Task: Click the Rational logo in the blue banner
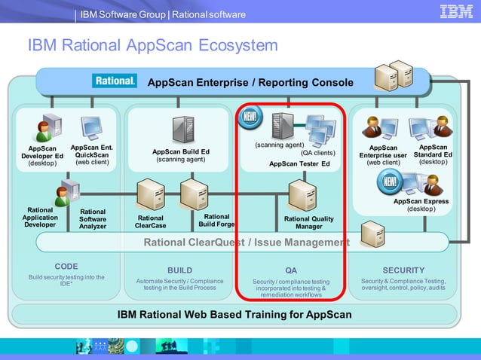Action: point(114,81)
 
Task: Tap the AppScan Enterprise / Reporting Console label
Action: point(250,82)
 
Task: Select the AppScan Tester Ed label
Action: point(299,163)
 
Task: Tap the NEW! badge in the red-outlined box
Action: point(250,117)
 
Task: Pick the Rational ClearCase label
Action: point(150,221)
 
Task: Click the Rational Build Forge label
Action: point(216,220)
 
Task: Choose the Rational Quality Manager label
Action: point(308,222)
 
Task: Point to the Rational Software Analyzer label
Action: point(93,219)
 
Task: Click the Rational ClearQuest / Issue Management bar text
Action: point(246,243)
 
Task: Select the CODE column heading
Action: point(66,267)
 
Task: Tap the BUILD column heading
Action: point(179,270)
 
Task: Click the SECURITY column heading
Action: point(403,270)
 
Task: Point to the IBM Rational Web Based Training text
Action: point(234,314)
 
